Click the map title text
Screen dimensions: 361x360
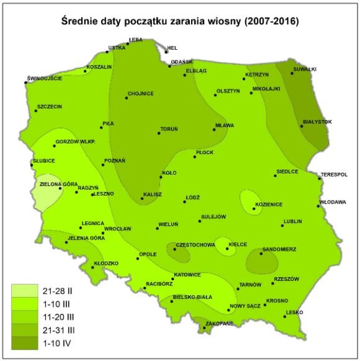pyautogui.click(x=180, y=21)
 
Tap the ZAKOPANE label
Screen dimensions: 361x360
pyautogui.click(x=220, y=324)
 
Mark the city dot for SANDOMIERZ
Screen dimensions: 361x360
pyautogui.click(x=261, y=254)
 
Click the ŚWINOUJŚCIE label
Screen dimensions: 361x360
pyautogui.click(x=44, y=78)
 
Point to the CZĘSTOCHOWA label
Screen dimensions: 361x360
pyautogui.click(x=196, y=245)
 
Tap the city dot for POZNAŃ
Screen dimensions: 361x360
pyautogui.click(x=103, y=165)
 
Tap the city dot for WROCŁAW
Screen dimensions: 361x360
pyautogui.click(x=103, y=232)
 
